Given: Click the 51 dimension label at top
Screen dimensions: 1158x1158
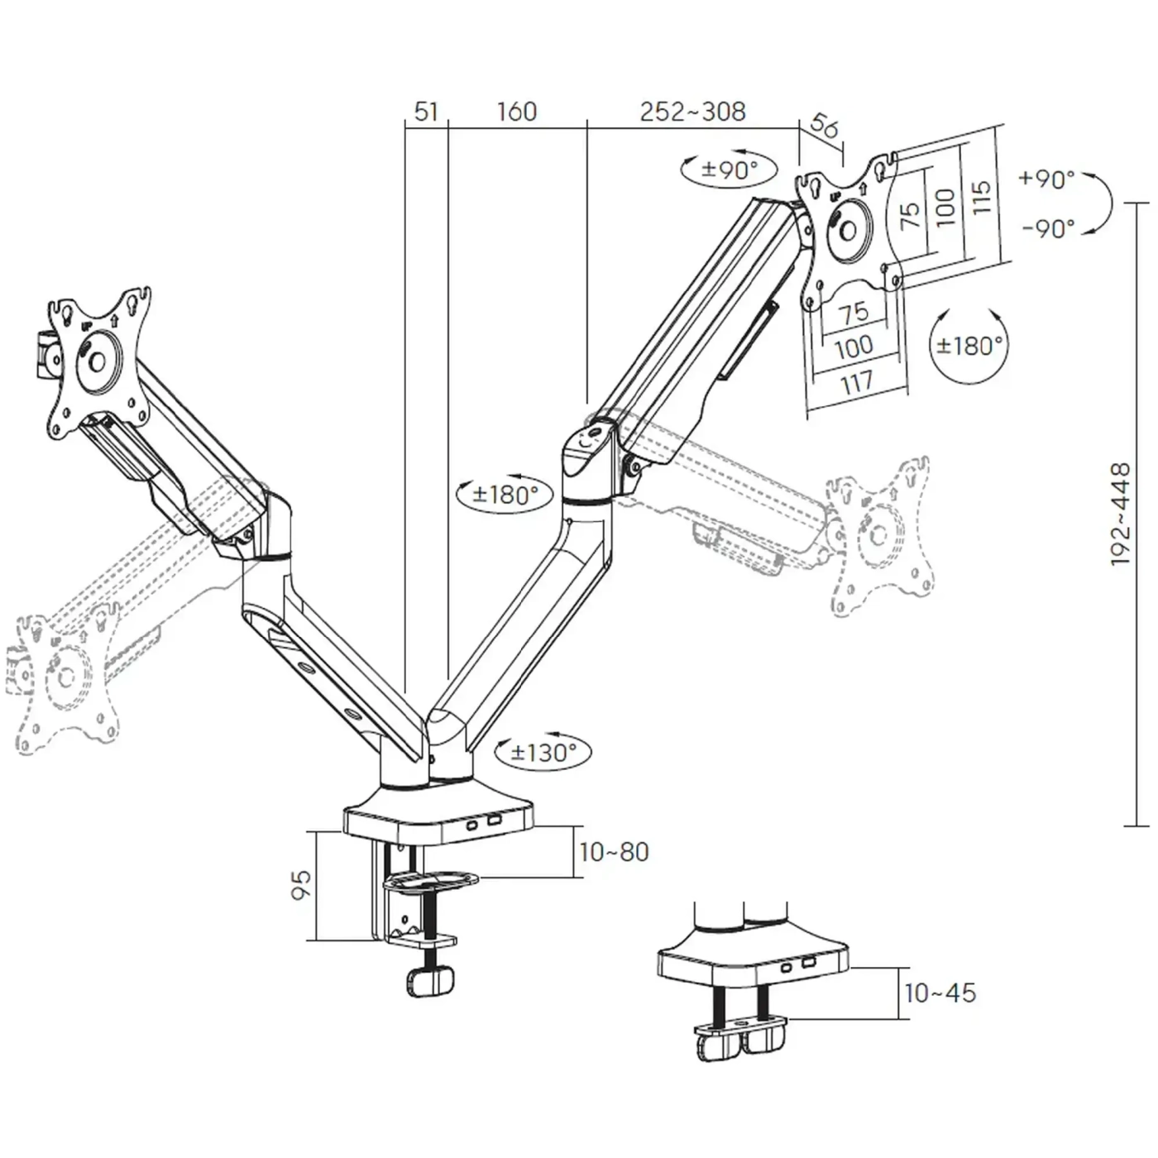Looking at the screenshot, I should [x=425, y=111].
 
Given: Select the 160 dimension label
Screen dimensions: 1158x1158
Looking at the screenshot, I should [x=516, y=111].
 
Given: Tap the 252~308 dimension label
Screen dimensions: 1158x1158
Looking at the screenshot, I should [x=692, y=111].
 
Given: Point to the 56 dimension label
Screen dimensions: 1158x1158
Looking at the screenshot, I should [x=824, y=125].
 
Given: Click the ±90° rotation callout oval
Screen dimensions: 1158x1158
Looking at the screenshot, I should [x=729, y=170].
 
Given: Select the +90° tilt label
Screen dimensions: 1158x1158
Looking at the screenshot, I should [x=1046, y=179].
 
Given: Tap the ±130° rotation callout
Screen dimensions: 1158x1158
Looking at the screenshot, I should [x=543, y=752].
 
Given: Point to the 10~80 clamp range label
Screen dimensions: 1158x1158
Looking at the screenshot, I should [x=614, y=851].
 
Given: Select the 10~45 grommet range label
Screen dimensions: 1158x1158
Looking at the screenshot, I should [x=940, y=993].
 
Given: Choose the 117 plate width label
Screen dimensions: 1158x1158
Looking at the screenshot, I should [x=857, y=381].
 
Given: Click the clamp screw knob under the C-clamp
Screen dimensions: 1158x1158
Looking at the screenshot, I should [x=430, y=982].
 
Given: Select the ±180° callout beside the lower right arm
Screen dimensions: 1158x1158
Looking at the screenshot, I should [x=505, y=495].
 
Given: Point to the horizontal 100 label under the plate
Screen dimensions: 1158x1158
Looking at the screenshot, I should [x=854, y=346].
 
